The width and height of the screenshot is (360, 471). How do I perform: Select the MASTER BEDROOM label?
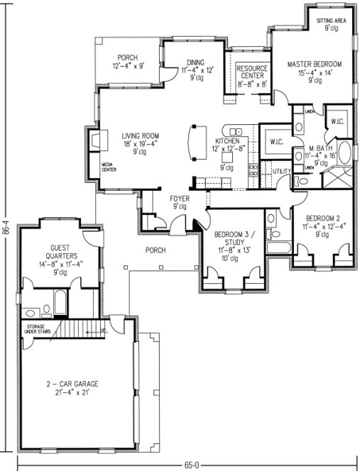(314, 64)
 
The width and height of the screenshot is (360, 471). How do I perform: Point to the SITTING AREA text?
(330, 21)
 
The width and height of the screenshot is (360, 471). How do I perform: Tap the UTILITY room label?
(282, 171)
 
